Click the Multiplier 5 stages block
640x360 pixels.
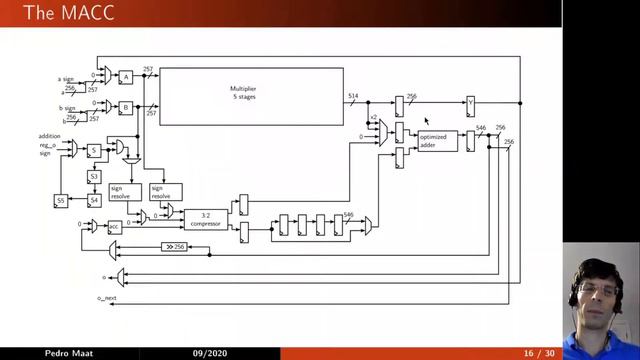coord(250,96)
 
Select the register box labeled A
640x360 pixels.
coord(126,77)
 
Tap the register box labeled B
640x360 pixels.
coord(126,106)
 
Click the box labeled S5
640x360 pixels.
coord(61,201)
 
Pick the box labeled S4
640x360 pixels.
coord(94,201)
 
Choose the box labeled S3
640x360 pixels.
coord(94,177)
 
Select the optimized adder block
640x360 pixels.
coord(438,141)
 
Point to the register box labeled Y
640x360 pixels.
coord(470,103)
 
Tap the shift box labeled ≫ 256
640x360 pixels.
coord(174,247)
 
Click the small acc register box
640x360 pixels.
coord(115,227)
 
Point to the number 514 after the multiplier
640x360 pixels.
coord(353,96)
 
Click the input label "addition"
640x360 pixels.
coord(50,136)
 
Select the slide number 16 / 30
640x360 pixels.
coord(539,353)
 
